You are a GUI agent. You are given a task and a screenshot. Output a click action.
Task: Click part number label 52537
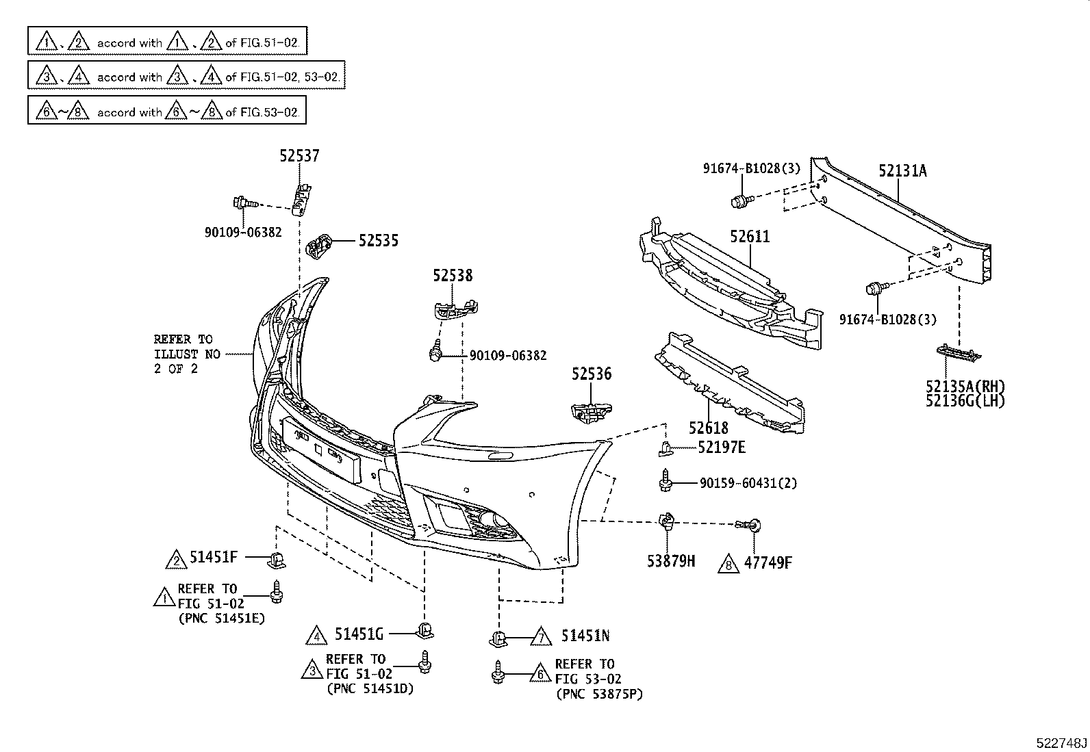(299, 157)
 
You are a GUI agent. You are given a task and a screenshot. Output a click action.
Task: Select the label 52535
(379, 241)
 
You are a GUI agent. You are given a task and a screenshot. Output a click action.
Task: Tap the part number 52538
(453, 276)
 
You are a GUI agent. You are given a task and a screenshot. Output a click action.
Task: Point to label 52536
(592, 374)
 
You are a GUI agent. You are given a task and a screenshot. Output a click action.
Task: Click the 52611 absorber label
(750, 237)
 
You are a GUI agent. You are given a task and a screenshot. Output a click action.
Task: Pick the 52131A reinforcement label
(902, 171)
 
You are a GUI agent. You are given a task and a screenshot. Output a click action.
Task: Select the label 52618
(709, 428)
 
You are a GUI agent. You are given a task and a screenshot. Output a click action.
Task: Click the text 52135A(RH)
(965, 387)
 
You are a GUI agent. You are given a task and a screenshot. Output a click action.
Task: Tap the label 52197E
(722, 448)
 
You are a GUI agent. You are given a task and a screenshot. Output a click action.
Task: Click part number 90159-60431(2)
(748, 483)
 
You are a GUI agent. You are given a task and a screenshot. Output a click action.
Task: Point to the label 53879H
(671, 562)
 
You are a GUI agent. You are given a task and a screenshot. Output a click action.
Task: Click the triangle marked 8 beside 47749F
(728, 563)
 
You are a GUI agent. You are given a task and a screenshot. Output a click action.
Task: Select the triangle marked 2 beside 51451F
(176, 559)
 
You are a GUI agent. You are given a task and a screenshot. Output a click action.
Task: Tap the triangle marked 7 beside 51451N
(541, 636)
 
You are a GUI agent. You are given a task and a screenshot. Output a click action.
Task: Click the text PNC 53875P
(600, 694)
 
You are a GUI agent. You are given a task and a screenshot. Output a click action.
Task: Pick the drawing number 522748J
(1061, 742)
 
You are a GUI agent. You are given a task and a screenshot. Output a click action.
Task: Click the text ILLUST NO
(187, 354)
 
